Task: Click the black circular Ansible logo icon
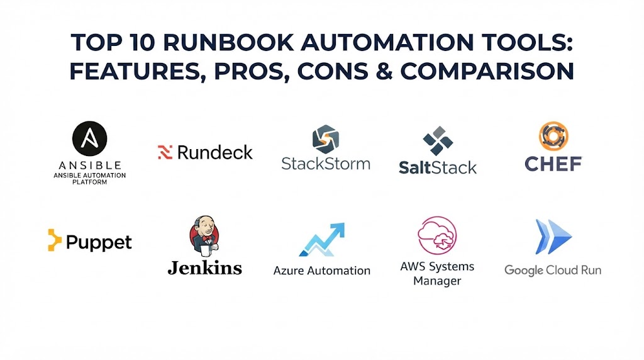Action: (89, 138)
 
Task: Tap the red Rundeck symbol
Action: (165, 152)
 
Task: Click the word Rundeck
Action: (215, 152)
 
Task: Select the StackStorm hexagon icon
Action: (326, 139)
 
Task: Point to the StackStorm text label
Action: (326, 164)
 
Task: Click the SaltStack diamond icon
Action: (438, 141)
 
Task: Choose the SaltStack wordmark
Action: (438, 167)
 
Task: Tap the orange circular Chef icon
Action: (553, 136)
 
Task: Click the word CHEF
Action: (553, 164)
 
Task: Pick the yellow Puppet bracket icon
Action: (54, 240)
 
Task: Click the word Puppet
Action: (99, 242)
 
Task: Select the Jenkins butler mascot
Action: (204, 236)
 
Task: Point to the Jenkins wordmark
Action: (204, 267)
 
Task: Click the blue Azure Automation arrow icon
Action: (322, 240)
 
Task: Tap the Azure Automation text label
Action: (322, 271)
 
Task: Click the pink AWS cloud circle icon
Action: (437, 235)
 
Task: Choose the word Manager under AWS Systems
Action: (437, 281)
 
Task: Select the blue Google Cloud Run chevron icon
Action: (553, 237)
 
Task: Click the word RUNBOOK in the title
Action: (228, 42)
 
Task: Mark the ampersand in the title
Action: (384, 70)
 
